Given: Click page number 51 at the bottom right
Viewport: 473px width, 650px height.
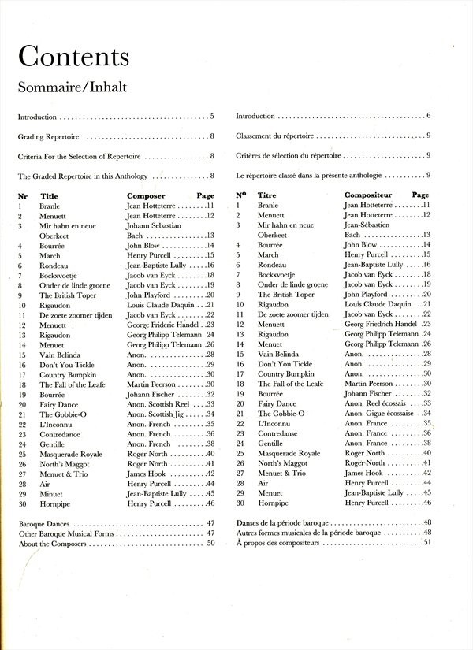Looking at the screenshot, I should [428, 564].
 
